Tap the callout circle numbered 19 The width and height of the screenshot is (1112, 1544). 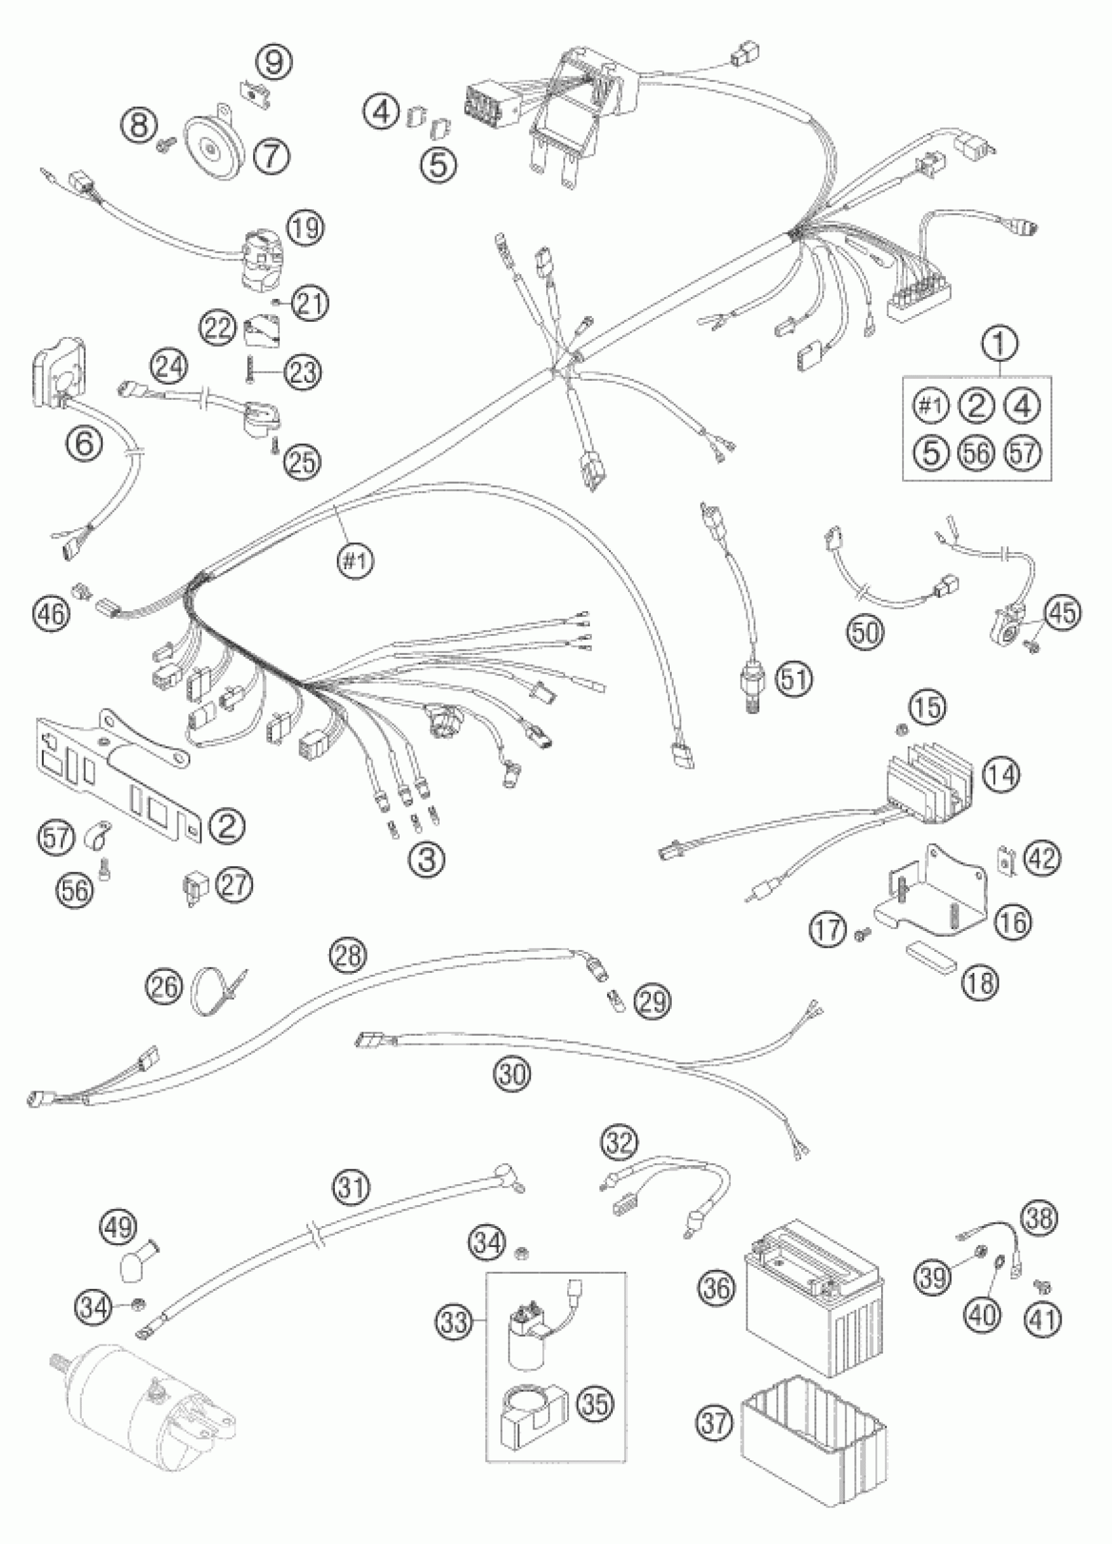pos(305,228)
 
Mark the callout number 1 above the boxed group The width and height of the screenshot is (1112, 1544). pos(1000,345)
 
